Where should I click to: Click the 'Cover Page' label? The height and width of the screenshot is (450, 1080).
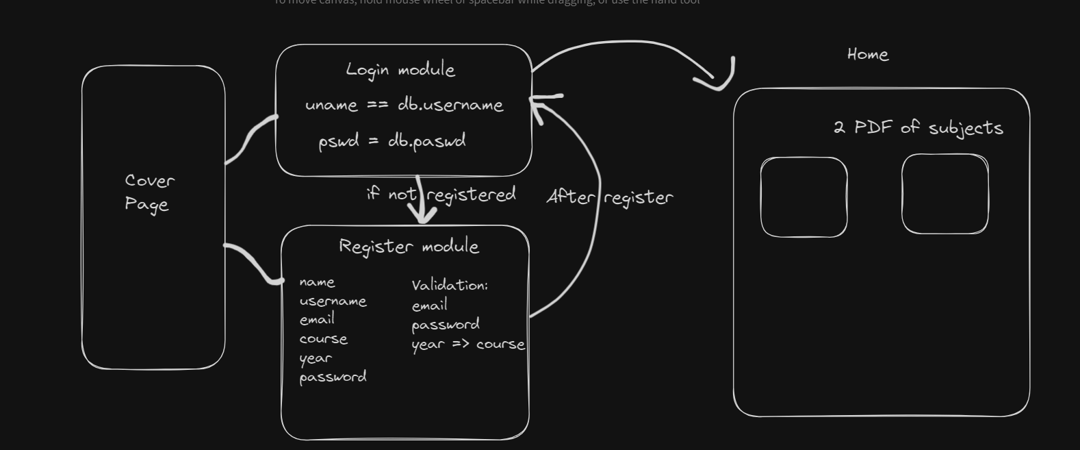pyautogui.click(x=150, y=192)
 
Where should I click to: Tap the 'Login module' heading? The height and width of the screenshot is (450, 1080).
pyautogui.click(x=400, y=70)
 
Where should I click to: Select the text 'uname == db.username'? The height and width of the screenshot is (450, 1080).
pyautogui.click(x=404, y=105)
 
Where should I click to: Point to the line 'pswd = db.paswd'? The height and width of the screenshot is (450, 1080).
pyautogui.click(x=392, y=141)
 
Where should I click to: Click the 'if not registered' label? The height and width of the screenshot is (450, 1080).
pyautogui.click(x=441, y=195)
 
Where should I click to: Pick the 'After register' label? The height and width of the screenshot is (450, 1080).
pyautogui.click(x=610, y=197)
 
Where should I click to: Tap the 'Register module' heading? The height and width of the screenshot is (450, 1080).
pyautogui.click(x=409, y=247)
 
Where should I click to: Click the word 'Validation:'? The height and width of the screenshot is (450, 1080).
pyautogui.click(x=450, y=285)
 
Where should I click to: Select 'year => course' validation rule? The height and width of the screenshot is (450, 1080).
pyautogui.click(x=468, y=344)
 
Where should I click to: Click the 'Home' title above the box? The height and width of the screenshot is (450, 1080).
pyautogui.click(x=868, y=55)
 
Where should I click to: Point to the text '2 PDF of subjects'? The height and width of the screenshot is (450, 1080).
pyautogui.click(x=918, y=127)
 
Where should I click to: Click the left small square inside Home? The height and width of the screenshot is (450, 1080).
pyautogui.click(x=804, y=197)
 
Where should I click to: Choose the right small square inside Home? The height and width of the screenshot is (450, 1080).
pyautogui.click(x=945, y=195)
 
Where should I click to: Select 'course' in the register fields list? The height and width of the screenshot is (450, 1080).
pyautogui.click(x=323, y=339)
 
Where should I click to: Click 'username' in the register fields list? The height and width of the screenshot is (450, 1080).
pyautogui.click(x=333, y=301)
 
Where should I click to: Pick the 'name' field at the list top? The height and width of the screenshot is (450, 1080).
pyautogui.click(x=317, y=282)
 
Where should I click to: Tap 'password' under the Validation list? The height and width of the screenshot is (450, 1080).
pyautogui.click(x=446, y=324)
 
